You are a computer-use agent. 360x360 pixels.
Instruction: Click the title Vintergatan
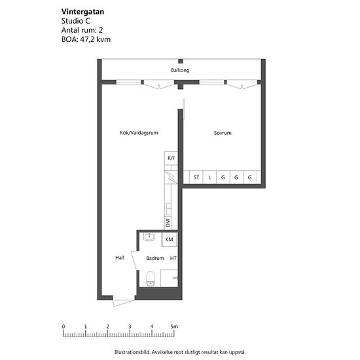[82, 12]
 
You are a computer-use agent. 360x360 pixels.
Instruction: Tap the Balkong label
[180, 70]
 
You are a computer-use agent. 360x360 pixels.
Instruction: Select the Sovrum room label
[223, 133]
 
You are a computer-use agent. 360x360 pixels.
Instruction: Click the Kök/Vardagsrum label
[139, 133]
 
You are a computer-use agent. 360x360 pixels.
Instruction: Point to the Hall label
[120, 258]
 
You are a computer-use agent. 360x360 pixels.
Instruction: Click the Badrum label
[155, 258]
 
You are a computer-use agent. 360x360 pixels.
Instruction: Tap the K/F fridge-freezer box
[171, 158]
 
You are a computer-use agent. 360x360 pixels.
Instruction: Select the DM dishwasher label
[168, 223]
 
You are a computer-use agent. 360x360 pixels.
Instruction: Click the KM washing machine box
[170, 239]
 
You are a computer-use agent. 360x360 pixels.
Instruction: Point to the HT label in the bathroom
[173, 258]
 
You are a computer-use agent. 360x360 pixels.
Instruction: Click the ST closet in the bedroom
[196, 177]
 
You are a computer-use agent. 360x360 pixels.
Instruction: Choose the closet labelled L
[209, 177]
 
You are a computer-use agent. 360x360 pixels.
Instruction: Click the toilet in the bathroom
[151, 278]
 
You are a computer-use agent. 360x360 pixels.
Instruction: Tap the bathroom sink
[149, 236]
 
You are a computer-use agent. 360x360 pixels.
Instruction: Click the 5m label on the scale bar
[174, 326]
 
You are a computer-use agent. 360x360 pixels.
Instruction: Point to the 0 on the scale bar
[63, 326]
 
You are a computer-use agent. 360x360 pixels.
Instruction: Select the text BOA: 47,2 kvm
[86, 39]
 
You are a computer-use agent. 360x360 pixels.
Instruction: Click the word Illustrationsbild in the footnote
[132, 352]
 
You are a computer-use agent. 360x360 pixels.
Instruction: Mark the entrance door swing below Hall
[124, 303]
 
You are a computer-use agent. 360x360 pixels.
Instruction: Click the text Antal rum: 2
[82, 30]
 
